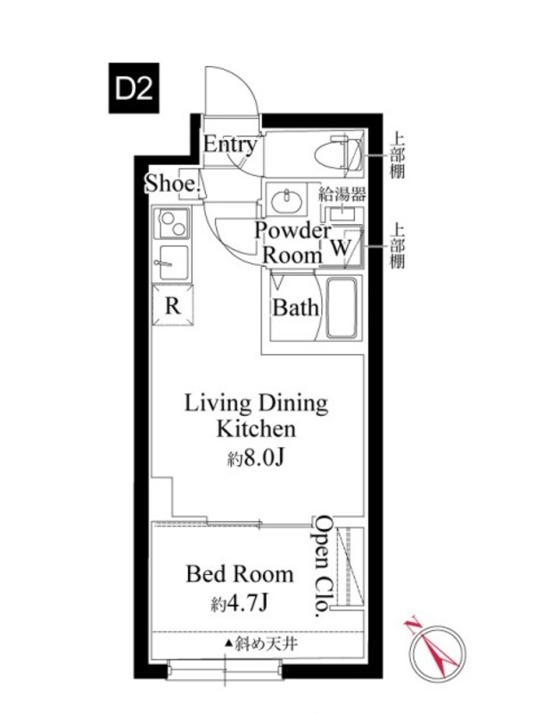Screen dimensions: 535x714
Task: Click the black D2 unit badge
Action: click(134, 87)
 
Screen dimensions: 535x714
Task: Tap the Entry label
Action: click(230, 145)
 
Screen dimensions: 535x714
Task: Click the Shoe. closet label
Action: click(173, 184)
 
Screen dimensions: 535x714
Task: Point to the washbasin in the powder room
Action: click(286, 199)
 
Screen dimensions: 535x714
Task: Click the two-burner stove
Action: click(171, 223)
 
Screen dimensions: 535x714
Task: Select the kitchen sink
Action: click(171, 262)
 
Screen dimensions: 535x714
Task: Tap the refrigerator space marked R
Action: click(172, 305)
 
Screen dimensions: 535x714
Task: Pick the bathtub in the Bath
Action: click(342, 308)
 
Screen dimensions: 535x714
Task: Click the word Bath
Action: click(295, 308)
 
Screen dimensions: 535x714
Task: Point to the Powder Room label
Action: click(292, 243)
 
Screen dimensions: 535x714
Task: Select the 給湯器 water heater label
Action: click(342, 195)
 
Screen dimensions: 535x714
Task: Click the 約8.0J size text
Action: click(256, 459)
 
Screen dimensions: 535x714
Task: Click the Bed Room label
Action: click(240, 574)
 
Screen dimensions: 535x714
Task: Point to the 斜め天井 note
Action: click(260, 643)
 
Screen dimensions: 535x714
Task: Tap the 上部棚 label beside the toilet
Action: click(397, 154)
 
